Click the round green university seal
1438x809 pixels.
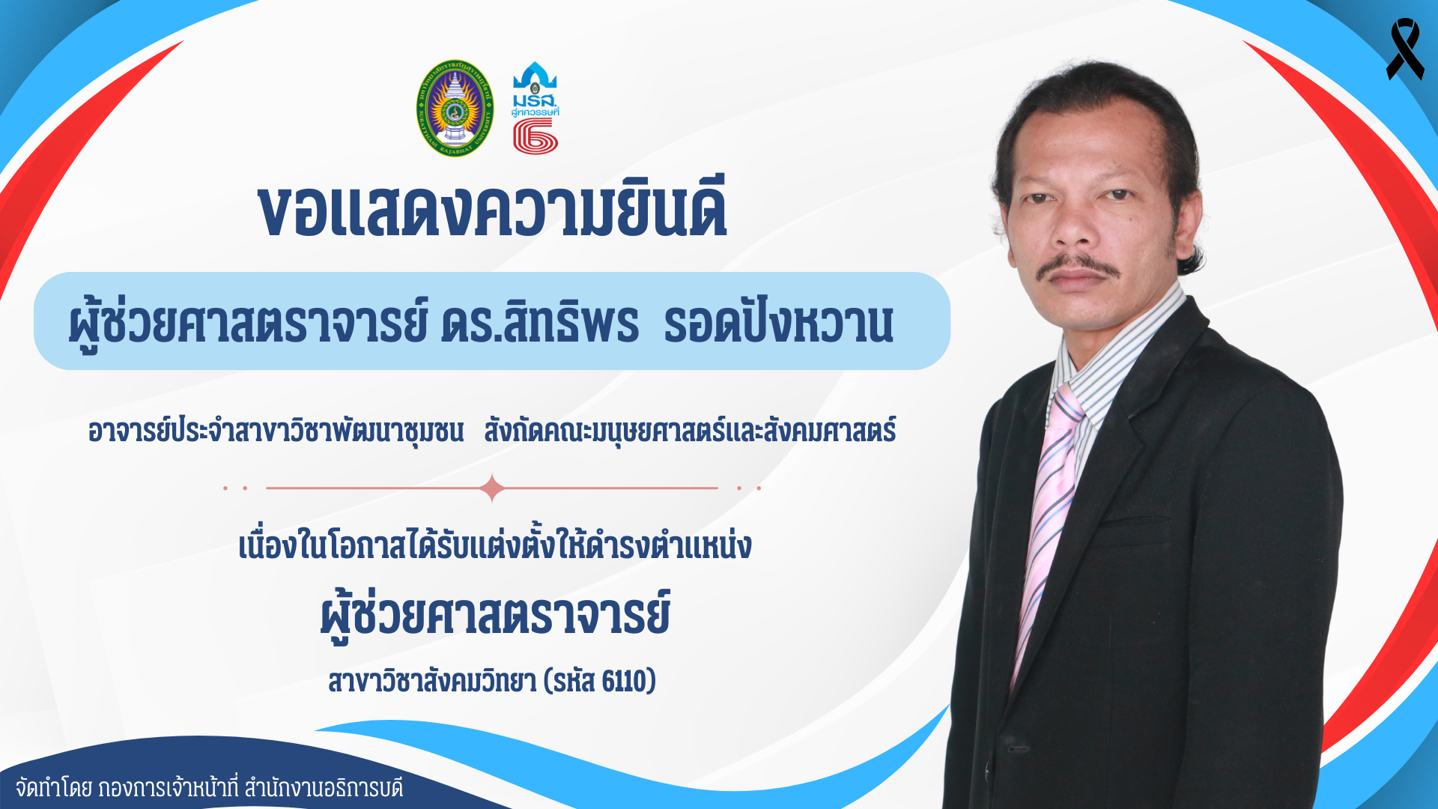pyautogui.click(x=455, y=109)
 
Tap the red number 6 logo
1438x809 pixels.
pyautogui.click(x=536, y=136)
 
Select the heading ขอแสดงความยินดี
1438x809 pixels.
pyautogui.click(x=492, y=209)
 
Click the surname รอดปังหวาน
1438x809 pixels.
pyautogui.click(x=779, y=323)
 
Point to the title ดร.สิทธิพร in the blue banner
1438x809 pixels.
pyautogui.click(x=540, y=323)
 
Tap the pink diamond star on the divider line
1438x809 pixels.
pyautogui.click(x=492, y=488)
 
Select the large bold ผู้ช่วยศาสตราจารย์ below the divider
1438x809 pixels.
pyautogui.click(x=495, y=615)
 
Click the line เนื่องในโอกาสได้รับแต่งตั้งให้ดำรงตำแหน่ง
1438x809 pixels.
pyautogui.click(x=495, y=545)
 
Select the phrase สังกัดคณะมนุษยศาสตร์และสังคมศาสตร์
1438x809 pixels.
pyautogui.click(x=690, y=431)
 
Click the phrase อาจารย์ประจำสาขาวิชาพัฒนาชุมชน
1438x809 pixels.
pyautogui.click(x=276, y=431)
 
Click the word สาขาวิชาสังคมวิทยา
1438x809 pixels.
pyautogui.click(x=432, y=681)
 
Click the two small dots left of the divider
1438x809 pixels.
pyautogui.click(x=234, y=488)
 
